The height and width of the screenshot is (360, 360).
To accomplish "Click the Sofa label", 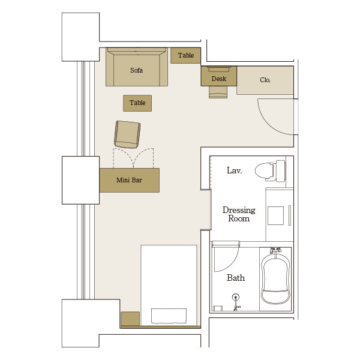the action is [136, 70].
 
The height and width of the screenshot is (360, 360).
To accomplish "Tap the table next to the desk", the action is [185, 55].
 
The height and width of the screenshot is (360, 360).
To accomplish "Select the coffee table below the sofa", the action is [137, 103].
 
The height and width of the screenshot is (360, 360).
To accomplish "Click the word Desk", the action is [219, 79].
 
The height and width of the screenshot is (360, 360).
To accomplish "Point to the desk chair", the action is [218, 92].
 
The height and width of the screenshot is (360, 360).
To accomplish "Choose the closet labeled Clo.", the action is [265, 80].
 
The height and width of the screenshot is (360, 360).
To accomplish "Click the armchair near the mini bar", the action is [127, 134].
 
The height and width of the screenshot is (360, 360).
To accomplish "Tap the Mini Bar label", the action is [129, 180].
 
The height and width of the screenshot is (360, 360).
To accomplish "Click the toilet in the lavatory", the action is [270, 171].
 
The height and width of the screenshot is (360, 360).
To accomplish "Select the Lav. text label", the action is [234, 170].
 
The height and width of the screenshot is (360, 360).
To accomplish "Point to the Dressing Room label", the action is [239, 214].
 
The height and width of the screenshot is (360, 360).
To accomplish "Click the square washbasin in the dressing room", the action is [275, 215].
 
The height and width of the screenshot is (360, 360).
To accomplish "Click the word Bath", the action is [236, 278].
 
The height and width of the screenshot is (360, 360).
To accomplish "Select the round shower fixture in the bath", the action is [236, 298].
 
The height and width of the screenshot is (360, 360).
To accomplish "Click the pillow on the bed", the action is [169, 316].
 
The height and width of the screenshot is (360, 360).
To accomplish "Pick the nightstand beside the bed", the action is [130, 319].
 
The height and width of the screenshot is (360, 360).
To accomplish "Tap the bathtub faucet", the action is [275, 250].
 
